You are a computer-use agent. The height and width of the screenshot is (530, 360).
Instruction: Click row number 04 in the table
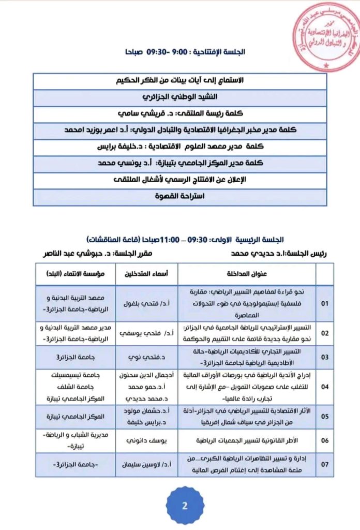click(325, 386)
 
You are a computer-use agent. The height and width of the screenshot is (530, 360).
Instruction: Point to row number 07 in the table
click(325, 464)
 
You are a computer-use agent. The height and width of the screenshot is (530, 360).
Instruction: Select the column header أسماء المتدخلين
click(149, 274)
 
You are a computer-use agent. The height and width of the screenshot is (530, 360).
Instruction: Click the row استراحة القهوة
click(179, 197)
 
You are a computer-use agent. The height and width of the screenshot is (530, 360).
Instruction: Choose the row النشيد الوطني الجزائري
click(179, 97)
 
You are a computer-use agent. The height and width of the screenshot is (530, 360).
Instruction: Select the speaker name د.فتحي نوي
click(149, 357)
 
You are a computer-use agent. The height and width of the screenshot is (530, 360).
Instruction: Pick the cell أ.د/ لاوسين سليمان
click(149, 464)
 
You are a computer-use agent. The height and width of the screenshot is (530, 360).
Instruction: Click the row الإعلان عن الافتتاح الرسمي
click(179, 180)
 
